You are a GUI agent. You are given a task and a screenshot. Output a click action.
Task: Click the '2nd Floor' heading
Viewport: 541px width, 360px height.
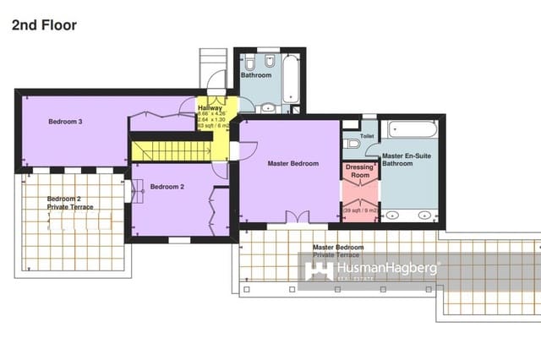click(x=44, y=25)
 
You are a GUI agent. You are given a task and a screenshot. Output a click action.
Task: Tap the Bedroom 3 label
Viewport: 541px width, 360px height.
click(x=65, y=123)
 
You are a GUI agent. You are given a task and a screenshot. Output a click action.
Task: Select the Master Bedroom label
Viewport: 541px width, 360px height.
click(x=292, y=163)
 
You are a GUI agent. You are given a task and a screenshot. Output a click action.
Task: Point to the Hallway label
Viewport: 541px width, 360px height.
click(x=210, y=108)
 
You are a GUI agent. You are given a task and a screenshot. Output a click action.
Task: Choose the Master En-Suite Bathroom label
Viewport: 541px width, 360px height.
click(x=397, y=160)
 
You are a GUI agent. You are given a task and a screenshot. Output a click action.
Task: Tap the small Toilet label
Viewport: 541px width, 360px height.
click(x=367, y=135)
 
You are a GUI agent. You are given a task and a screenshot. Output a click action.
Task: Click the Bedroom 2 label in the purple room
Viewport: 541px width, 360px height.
click(x=167, y=187)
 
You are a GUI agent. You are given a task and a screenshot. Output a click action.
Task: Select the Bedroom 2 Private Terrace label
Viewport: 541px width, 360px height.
click(x=70, y=203)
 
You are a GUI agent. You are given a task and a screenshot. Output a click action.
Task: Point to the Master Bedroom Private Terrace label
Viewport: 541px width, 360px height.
click(x=339, y=251)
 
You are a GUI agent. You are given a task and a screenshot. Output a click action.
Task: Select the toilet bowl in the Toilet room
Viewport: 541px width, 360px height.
click(x=352, y=145)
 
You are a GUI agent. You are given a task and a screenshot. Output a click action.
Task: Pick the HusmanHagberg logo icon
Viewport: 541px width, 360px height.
click(x=318, y=271)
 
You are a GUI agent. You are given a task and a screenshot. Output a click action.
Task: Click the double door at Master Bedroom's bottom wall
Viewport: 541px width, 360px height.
click(x=295, y=218)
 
